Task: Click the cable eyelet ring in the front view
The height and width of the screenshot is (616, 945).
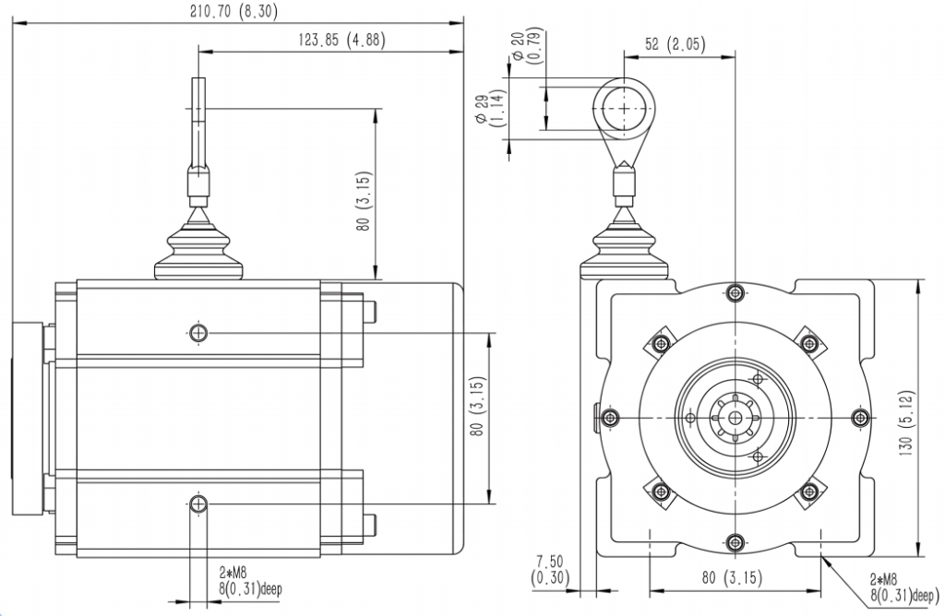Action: (624, 108)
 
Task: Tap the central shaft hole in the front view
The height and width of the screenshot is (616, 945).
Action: (734, 417)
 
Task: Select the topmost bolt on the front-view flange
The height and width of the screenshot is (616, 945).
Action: (734, 293)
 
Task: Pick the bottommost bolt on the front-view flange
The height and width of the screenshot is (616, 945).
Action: (734, 541)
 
